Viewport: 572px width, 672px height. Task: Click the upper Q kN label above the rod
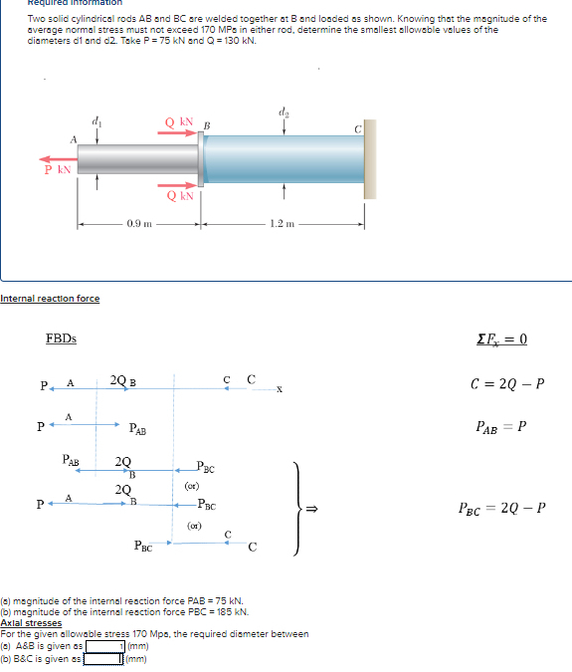pos(179,122)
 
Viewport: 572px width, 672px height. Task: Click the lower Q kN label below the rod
pos(180,195)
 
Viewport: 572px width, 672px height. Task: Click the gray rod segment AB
pos(139,159)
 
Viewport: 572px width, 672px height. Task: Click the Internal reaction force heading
pos(50,298)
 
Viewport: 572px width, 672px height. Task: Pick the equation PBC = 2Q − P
pos(506,506)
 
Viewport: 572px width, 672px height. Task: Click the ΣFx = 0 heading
pos(505,338)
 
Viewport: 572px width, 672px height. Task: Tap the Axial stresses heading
pos(31,623)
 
